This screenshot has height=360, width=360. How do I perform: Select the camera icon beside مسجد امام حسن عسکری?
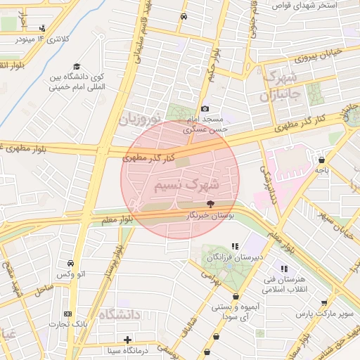click(205, 108)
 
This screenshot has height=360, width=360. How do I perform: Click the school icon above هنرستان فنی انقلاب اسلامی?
click(284, 269)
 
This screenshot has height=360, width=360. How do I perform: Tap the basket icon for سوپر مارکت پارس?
click(324, 303)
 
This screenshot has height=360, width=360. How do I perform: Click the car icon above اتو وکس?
click(70, 262)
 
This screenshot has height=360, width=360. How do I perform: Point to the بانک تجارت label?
click(68, 324)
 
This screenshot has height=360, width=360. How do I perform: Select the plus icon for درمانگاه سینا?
click(127, 340)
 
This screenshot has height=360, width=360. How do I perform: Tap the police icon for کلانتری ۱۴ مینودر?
click(43, 29)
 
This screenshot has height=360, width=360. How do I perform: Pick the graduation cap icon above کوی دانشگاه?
click(76, 66)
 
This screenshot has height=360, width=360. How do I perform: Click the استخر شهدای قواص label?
click(309, 5)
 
